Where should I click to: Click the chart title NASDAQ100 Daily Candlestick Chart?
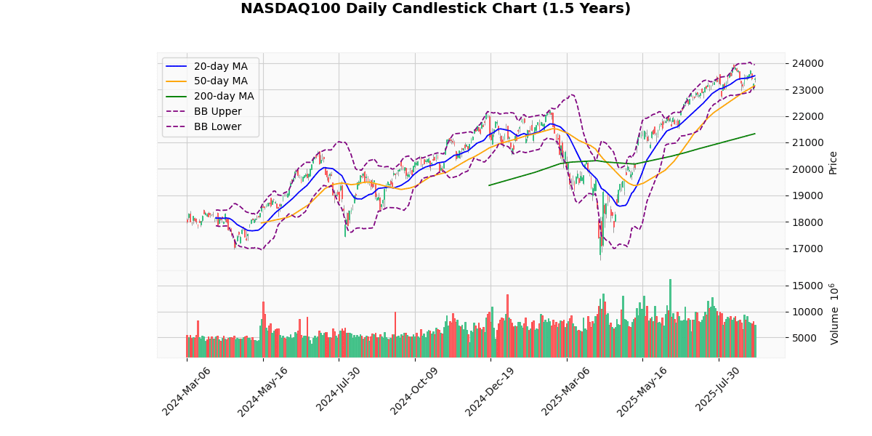[x=435, y=9]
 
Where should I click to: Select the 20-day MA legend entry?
[x=220, y=66]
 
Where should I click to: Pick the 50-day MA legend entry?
[x=220, y=81]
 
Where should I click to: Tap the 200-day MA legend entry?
[x=223, y=97]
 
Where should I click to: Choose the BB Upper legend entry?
[x=217, y=112]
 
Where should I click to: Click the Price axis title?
[x=833, y=162]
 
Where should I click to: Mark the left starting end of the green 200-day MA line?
[x=489, y=185]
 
